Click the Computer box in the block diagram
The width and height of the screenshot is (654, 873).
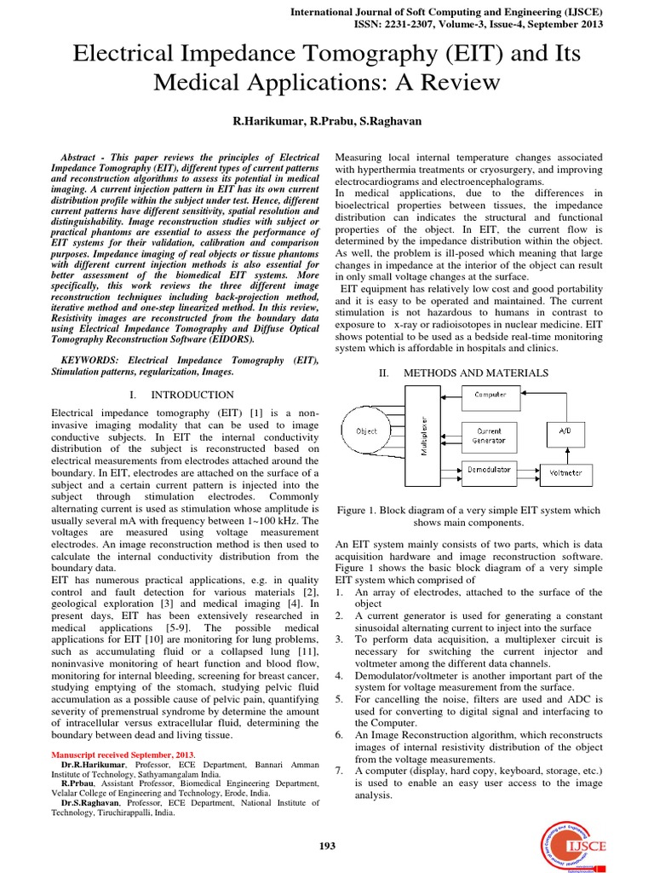point(490,395)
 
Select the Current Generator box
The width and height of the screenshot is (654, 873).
point(490,435)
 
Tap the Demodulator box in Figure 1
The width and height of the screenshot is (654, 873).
point(490,470)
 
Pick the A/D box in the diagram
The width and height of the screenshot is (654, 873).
point(566,432)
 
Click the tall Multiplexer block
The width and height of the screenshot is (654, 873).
point(425,436)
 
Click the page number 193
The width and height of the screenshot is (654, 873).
point(327,846)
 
